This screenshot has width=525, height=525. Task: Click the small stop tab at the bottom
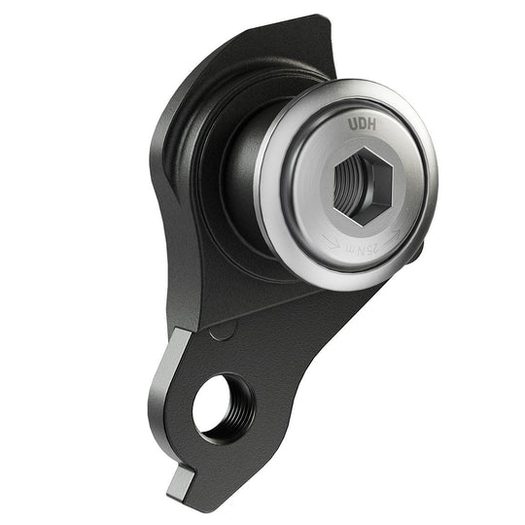[x=184, y=479]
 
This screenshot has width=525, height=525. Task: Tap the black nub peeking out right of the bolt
[x=416, y=252]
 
